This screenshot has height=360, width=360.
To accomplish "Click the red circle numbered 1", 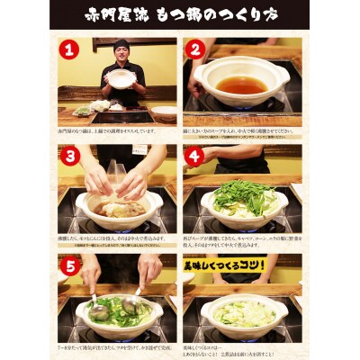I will point(70,53).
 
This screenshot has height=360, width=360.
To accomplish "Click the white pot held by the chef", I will point(121,78).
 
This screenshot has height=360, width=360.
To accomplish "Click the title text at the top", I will point(180,15).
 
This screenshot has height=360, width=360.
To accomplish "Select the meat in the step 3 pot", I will point(117,209).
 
